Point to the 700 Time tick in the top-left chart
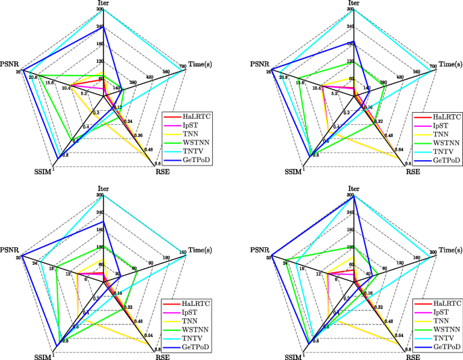point(182,66)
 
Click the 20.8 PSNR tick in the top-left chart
point(33,77)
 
